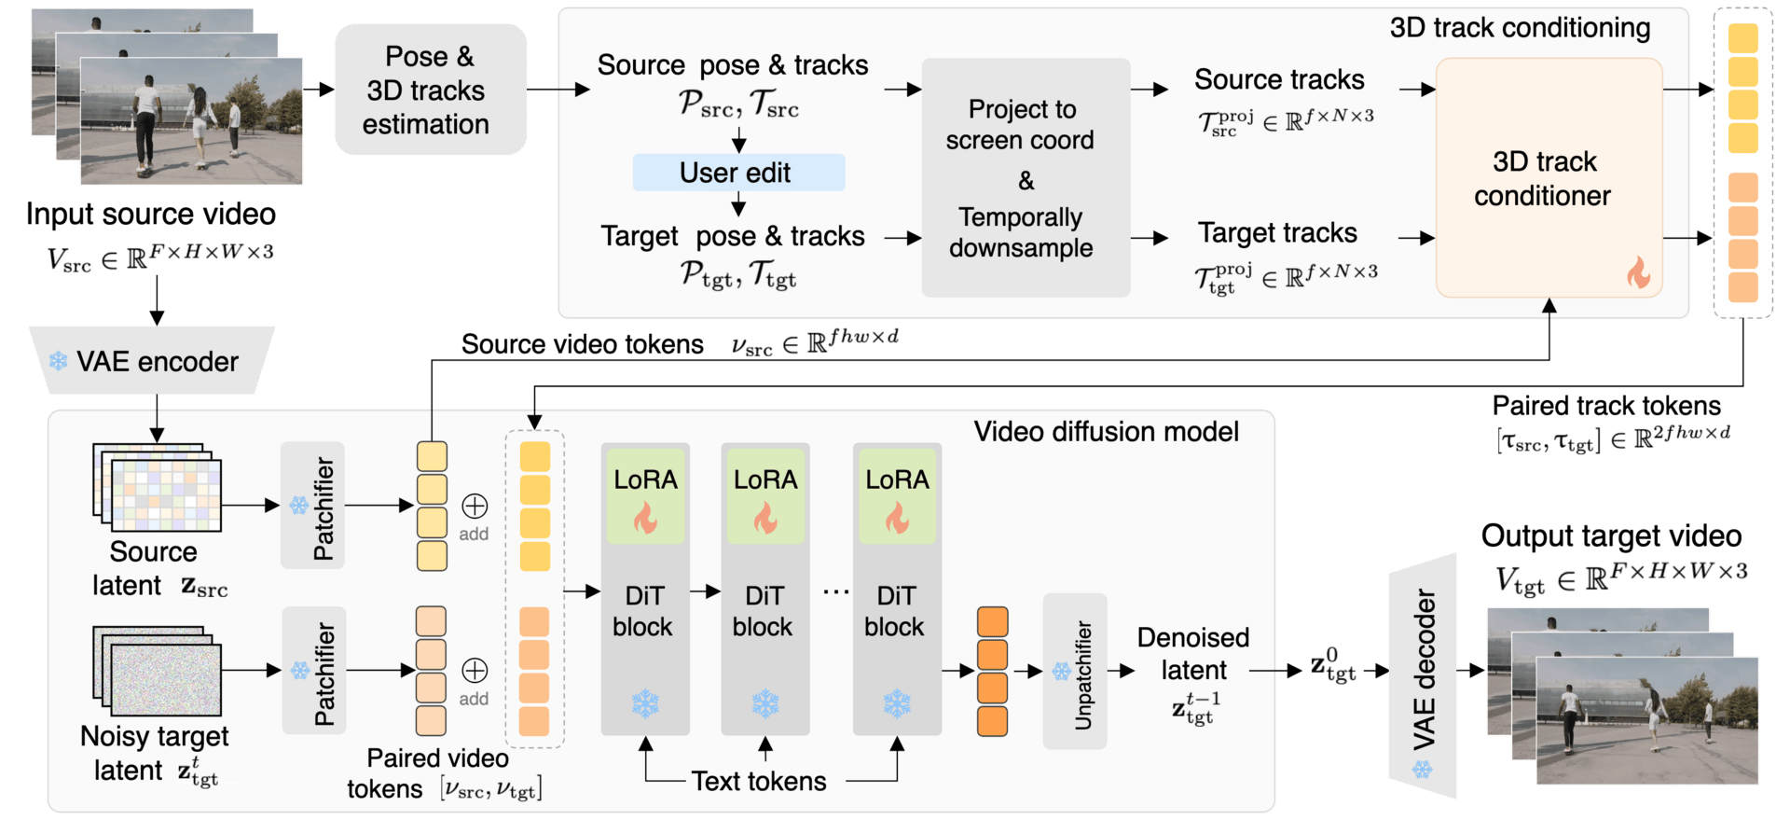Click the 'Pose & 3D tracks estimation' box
coord(430,90)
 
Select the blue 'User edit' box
coord(738,173)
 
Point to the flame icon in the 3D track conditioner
coord(1638,272)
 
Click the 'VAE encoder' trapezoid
coord(152,360)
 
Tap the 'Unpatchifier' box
coord(1075,672)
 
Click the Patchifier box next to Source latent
coord(313,506)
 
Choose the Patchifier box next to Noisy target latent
coord(314,670)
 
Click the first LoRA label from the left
coord(645,479)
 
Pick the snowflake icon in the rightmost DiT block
coord(897,703)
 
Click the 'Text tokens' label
coord(759,781)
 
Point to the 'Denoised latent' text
coord(1193,653)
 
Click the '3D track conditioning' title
coord(1520,28)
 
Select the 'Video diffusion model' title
coord(1106,431)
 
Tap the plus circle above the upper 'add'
coord(475,506)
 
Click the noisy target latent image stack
coord(157,670)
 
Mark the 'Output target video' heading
coord(1611,535)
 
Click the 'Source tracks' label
coord(1279,79)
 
